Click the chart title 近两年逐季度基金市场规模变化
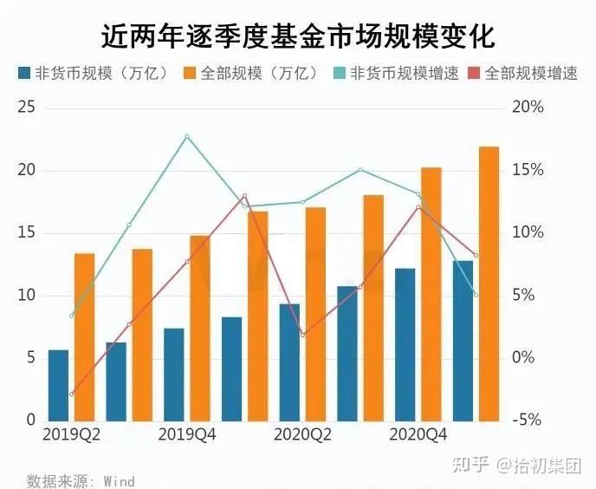(x=298, y=36)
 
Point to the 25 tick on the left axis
(x=27, y=108)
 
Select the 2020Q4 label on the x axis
(x=418, y=434)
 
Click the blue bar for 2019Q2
(x=58, y=385)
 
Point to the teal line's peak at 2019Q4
(x=186, y=136)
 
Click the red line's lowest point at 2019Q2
(x=71, y=394)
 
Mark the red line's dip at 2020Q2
(x=302, y=335)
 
